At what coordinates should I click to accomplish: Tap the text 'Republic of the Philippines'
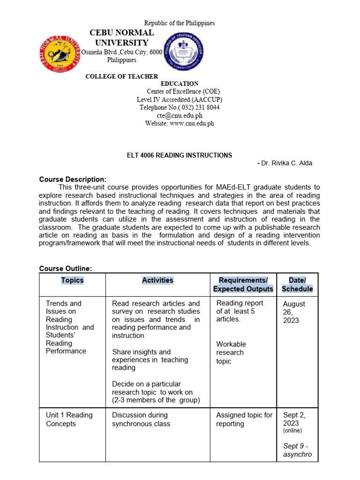click(x=180, y=23)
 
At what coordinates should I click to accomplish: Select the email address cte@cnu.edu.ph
click(x=180, y=115)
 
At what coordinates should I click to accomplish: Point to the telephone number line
click(x=180, y=107)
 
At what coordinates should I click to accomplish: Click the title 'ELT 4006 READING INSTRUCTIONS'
click(x=180, y=155)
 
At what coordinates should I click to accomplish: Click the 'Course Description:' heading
click(x=73, y=180)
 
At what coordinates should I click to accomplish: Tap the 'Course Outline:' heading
click(x=65, y=269)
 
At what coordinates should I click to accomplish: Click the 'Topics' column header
click(x=72, y=280)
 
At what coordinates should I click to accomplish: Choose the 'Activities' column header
click(x=157, y=280)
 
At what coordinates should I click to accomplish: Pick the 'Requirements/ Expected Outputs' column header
click(x=243, y=285)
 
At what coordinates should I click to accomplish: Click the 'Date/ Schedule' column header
click(x=297, y=285)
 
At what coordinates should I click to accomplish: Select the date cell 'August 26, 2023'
click(x=294, y=312)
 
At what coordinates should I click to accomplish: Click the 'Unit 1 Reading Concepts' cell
click(x=69, y=419)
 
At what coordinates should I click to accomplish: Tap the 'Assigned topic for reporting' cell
click(x=244, y=419)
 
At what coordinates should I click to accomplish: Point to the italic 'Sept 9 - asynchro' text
click(x=297, y=450)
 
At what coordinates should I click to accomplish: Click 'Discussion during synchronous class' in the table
click(x=141, y=419)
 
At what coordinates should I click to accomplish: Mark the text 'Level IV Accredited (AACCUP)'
click(x=180, y=99)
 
